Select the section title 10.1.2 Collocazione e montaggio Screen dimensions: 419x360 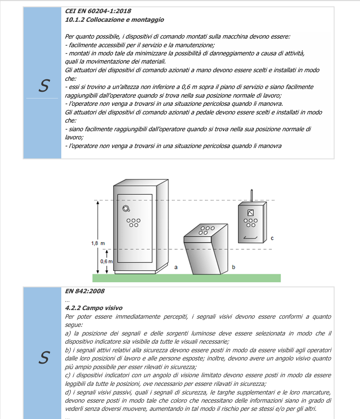tap(114, 20)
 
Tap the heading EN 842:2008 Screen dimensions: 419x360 tap(85, 291)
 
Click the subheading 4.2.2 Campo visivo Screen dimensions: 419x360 tap(94, 308)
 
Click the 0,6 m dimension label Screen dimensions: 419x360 tap(106, 261)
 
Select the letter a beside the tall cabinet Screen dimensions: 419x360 tap(176, 267)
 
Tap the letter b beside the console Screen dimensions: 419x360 tap(233, 267)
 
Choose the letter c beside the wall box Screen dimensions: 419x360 tap(272, 238)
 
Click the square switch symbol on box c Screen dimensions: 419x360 tap(251, 213)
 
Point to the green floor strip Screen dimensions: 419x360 tap(187, 278)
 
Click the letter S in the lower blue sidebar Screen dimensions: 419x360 tap(44, 358)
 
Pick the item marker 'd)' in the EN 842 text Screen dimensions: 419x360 tap(69, 392)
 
